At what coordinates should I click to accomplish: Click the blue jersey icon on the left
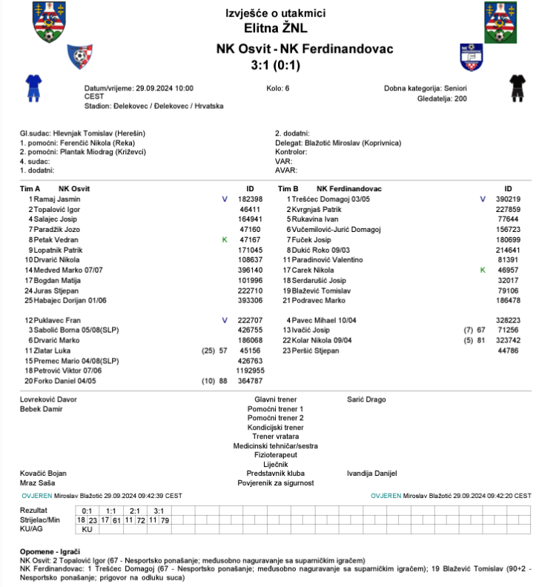33,87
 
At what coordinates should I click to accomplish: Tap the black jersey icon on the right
518,87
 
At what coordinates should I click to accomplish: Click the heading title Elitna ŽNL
276,28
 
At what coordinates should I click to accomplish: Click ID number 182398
250,199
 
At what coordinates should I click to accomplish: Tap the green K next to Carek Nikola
483,271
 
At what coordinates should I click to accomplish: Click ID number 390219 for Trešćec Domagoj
508,199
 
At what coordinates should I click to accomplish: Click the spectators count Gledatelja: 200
443,98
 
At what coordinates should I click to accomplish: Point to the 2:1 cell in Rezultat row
135,511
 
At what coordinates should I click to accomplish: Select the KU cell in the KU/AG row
87,530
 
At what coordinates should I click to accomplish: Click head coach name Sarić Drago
366,399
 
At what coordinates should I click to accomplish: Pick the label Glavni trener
276,399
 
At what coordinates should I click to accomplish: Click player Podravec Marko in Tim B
320,301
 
